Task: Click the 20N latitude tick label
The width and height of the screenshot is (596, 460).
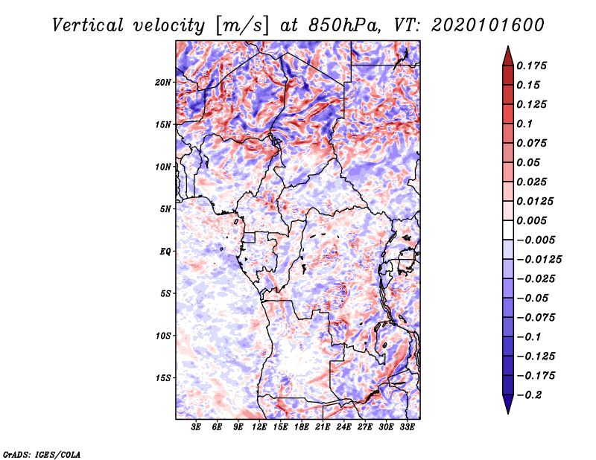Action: [163, 82]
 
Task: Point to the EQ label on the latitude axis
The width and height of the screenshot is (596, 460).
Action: [165, 252]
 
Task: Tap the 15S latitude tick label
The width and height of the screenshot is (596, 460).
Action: [163, 378]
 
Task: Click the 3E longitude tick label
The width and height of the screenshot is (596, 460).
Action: [197, 428]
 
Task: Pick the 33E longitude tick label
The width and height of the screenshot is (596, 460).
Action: [408, 428]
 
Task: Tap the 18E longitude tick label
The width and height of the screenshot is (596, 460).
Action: [302, 428]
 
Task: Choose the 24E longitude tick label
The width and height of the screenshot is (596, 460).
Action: [344, 428]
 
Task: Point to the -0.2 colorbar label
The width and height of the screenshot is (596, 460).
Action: [530, 395]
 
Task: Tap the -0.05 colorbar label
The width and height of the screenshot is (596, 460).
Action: [533, 298]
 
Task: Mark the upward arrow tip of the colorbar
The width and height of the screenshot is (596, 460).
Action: [507, 48]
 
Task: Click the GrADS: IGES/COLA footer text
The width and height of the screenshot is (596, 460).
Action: [42, 453]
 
